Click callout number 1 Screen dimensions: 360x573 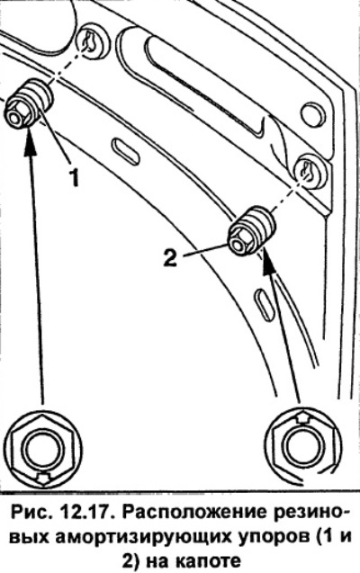75,178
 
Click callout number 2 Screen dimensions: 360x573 170,256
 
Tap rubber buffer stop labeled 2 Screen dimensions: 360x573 252,230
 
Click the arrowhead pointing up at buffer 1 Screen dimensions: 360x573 29,139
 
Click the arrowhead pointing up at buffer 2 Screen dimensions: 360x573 268,262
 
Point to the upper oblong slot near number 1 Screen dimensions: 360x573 125,149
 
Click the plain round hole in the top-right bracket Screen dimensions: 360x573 312,115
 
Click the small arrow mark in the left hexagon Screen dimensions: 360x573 43,477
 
